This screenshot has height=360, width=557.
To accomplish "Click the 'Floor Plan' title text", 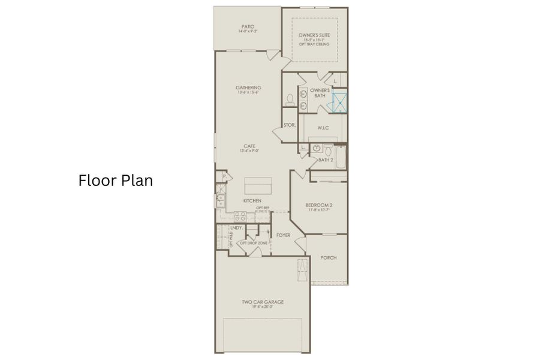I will click(115, 181).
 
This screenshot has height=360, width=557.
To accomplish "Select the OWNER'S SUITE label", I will click(315, 35).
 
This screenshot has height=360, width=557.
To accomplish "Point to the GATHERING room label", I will click(248, 88).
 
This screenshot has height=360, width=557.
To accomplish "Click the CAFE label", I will click(249, 146).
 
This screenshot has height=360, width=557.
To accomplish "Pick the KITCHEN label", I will click(252, 200).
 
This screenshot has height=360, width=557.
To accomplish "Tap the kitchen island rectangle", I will click(257, 182).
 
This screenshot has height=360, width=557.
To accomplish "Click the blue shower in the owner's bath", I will click(340, 101).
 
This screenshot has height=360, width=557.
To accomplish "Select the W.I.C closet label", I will click(323, 127).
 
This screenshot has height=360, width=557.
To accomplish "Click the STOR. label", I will click(290, 125).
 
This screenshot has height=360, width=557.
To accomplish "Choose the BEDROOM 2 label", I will click(320, 206).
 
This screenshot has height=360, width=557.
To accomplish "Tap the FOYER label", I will click(284, 235).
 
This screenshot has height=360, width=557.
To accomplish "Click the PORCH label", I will click(329, 258).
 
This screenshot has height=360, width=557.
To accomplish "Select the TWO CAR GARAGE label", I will click(263, 302).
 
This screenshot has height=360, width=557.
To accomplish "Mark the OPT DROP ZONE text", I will click(254, 243).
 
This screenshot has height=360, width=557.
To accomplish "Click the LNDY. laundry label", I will click(236, 228).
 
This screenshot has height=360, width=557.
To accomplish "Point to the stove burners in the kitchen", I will click(240, 215).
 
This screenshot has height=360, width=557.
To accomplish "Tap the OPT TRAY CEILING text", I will click(315, 44).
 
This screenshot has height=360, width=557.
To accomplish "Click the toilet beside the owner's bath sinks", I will click(289, 99).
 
